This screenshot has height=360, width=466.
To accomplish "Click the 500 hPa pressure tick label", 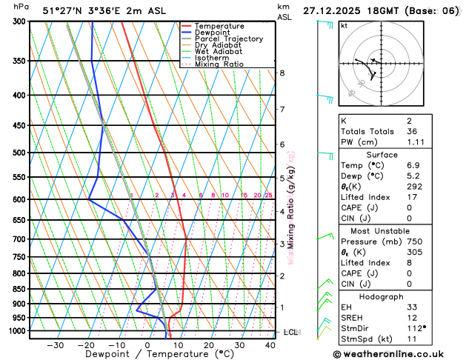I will tap(16, 153).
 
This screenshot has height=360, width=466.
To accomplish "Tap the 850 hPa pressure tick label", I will tap(16, 289).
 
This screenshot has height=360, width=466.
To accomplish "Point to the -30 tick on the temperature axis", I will tap(56, 345).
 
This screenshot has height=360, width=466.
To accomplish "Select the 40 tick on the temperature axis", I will tap(270, 345).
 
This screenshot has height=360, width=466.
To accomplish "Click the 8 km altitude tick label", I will tap(282, 73).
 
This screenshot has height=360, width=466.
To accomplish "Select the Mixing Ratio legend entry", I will tap(223, 64).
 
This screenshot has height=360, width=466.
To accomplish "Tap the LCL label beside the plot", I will tap(290, 332).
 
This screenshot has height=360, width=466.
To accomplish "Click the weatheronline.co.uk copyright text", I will tap(397, 353).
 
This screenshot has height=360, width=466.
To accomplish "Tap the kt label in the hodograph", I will tap(344, 25).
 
